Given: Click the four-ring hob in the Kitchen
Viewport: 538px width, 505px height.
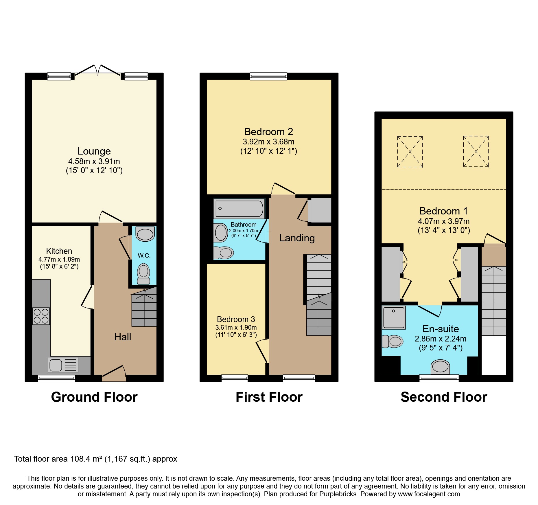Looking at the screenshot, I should [x=41, y=316].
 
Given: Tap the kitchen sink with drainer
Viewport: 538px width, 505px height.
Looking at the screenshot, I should [x=63, y=365].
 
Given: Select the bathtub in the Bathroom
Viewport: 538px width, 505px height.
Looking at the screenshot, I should [x=239, y=208].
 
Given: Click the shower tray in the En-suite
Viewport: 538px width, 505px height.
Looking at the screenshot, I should [x=394, y=317].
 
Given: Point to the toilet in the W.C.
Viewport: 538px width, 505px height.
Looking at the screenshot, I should [x=143, y=274].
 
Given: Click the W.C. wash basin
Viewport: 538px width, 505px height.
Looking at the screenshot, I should [x=145, y=234].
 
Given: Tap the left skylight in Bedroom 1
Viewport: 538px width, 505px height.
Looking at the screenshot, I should [x=410, y=152].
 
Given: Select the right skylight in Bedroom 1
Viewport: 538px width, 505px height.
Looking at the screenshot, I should [x=476, y=152].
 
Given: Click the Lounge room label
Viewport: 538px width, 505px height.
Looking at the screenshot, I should [x=94, y=151].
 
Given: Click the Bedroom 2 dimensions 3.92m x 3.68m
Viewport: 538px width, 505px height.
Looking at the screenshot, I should [x=268, y=142].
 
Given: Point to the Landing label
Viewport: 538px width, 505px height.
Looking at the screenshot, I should [x=297, y=238].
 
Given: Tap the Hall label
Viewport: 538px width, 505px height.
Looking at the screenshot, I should [x=123, y=337].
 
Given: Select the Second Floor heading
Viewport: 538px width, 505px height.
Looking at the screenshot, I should [x=444, y=397].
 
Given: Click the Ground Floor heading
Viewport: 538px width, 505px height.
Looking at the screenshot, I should [x=94, y=397].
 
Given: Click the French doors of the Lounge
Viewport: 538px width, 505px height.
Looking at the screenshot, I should [x=98, y=71].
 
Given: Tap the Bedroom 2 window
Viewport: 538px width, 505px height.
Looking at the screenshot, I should [x=268, y=76].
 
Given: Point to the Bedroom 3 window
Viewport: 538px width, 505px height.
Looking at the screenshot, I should [x=235, y=378].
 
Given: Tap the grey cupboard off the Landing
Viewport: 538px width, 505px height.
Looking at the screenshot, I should [x=319, y=210].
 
